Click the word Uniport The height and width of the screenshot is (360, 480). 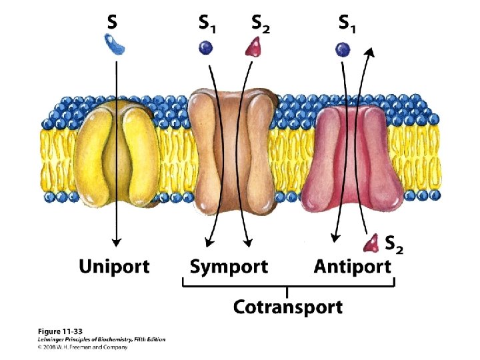pos(114,267)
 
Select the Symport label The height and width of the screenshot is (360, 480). pos(229,267)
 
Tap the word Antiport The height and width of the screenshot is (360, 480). pos(352,267)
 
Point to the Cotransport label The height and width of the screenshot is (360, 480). pos(287,307)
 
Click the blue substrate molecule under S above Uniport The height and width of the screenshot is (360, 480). pos(118,45)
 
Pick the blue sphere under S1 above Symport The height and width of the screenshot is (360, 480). pos(206,47)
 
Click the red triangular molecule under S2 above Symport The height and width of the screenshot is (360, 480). pos(255,47)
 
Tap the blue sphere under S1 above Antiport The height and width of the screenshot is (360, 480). pos(343,48)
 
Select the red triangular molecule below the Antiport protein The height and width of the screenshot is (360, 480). pos(371,243)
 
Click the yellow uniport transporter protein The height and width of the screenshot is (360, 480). pos(117,153)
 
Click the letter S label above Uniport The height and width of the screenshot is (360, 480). pos(113,23)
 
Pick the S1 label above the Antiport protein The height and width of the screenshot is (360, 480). pos(347,24)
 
